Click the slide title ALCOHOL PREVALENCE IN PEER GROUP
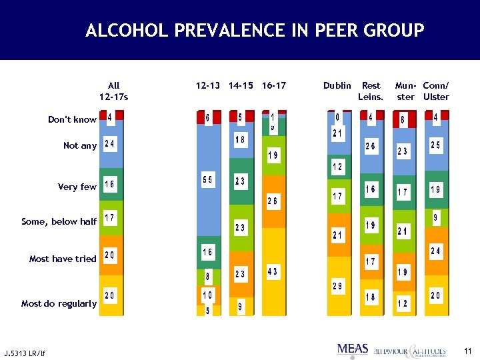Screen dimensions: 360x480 click(255, 31)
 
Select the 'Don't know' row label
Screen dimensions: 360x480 click(72, 120)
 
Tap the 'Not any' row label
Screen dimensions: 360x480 click(80, 146)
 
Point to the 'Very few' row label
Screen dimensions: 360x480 click(77, 187)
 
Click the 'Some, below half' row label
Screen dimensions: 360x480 click(59, 222)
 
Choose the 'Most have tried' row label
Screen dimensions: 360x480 click(63, 259)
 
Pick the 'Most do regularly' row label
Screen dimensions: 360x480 click(59, 303)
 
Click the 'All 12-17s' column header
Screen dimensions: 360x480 click(113, 91)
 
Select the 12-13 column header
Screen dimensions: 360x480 click(207, 85)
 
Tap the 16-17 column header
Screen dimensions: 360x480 click(274, 85)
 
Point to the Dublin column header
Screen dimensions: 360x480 click(337, 85)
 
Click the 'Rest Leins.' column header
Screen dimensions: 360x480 click(371, 91)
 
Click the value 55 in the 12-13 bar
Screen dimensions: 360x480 click(208, 181)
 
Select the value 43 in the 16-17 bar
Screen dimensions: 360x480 click(273, 271)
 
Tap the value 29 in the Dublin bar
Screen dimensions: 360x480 click(338, 286)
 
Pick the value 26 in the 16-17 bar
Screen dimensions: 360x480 click(273, 201)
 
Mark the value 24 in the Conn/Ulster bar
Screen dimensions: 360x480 click(435, 251)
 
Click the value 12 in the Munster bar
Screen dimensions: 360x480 click(403, 304)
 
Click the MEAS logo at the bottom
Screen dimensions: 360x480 click(353, 349)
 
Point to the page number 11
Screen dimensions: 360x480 click(467, 351)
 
